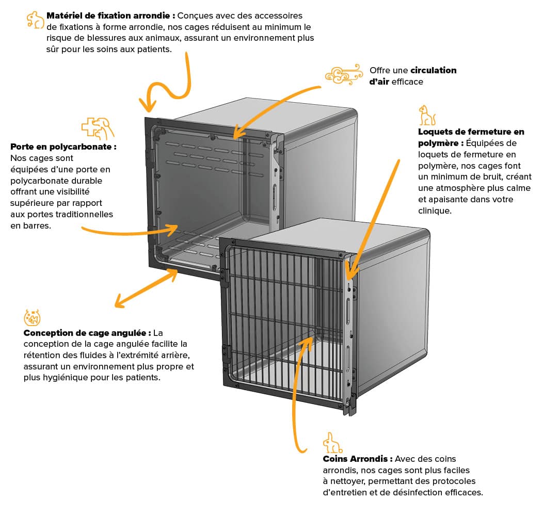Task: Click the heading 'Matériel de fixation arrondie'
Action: tap(108, 16)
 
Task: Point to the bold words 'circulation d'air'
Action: tap(413, 76)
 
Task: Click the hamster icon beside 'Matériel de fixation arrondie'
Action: tap(35, 20)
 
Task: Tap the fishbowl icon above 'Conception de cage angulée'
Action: tap(32, 317)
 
